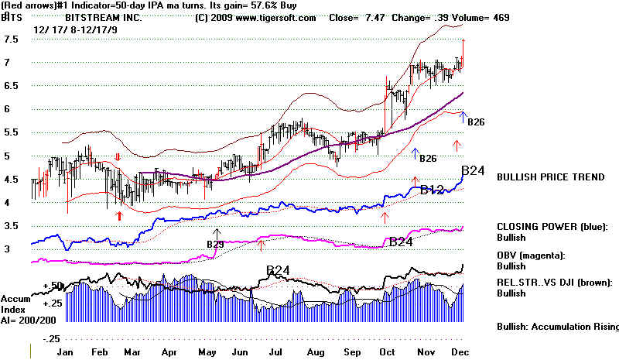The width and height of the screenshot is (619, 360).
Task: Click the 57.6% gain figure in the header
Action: click(x=247, y=5)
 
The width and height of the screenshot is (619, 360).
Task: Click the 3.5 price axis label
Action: click(x=11, y=227)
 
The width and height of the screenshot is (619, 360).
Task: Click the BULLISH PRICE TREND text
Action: click(x=550, y=177)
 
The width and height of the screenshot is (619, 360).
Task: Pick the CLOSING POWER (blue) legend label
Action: click(x=551, y=227)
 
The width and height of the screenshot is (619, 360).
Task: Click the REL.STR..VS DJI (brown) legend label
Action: click(x=556, y=283)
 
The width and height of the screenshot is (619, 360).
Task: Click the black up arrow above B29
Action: click(x=217, y=233)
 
